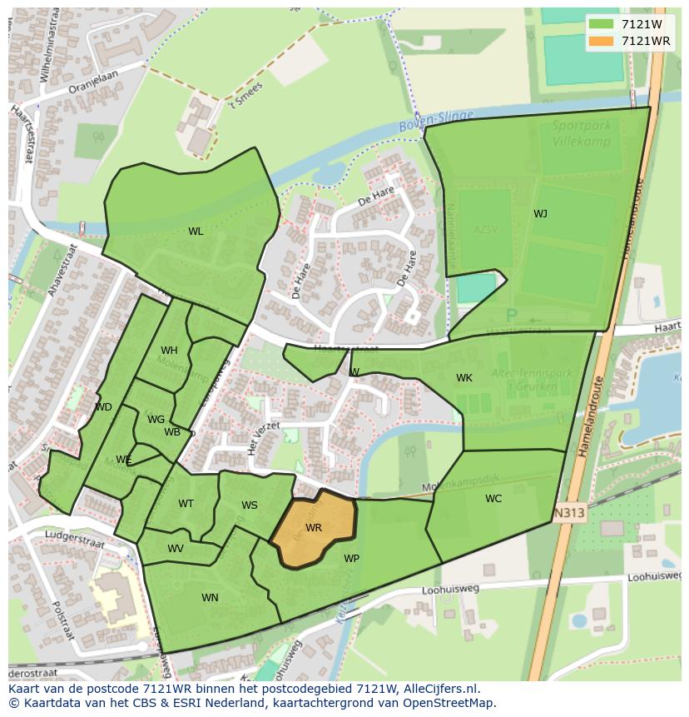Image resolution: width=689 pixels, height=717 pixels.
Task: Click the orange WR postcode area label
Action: [314, 528]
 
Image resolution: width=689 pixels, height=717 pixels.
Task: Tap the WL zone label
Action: [196, 232]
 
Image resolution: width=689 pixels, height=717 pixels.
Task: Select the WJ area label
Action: [540, 214]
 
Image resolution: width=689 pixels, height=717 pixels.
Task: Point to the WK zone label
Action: [464, 378]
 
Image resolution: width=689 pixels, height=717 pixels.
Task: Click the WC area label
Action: [493, 499]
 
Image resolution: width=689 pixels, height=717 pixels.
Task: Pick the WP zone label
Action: [351, 559]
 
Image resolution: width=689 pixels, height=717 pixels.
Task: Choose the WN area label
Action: [210, 598]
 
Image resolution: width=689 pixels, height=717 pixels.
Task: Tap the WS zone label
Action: [250, 505]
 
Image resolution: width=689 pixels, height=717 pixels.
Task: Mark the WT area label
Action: [186, 504]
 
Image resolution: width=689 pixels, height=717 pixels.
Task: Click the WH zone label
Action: [169, 351]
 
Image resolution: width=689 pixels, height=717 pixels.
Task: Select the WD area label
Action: [103, 407]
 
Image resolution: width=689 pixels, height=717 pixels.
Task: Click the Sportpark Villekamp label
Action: [582, 133]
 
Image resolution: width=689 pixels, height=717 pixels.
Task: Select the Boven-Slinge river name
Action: [435, 122]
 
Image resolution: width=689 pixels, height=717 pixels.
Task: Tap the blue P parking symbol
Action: [511, 316]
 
